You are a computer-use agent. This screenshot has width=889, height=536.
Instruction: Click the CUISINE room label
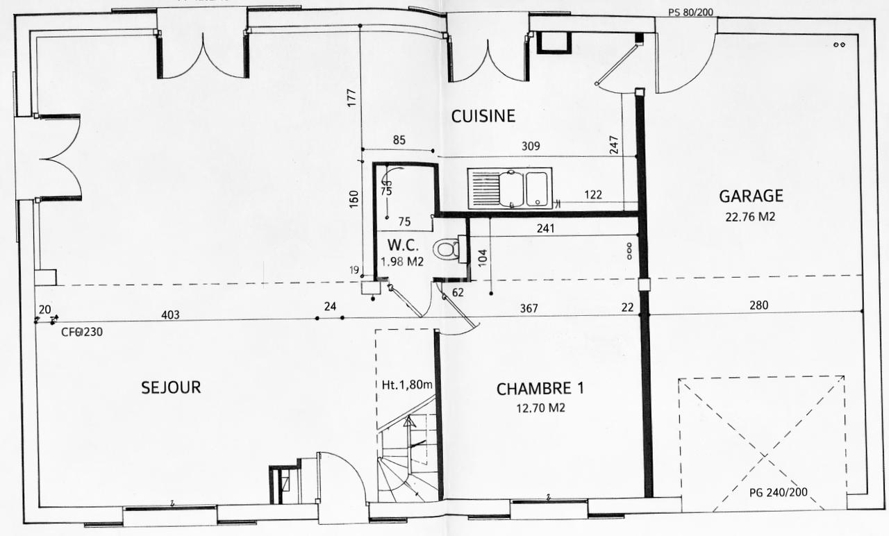click(483, 116)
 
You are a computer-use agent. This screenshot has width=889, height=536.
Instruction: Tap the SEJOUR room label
click(171, 387)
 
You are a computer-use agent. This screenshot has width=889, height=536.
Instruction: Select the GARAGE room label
click(751, 196)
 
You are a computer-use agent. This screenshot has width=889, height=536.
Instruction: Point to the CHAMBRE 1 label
click(540, 389)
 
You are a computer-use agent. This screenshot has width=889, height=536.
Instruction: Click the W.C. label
click(403, 245)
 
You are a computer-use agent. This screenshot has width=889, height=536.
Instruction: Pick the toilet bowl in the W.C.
click(447, 249)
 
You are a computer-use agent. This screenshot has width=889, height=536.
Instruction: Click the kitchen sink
click(510, 188)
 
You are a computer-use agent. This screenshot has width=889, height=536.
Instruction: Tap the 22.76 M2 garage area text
click(751, 217)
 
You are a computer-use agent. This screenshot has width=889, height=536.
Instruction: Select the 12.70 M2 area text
click(540, 408)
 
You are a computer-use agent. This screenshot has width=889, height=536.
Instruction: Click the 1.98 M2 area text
click(402, 262)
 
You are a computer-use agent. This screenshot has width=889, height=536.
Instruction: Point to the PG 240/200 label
click(779, 492)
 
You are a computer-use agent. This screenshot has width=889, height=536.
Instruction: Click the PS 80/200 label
click(690, 12)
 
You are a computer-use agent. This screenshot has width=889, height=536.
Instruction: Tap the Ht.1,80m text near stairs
click(407, 385)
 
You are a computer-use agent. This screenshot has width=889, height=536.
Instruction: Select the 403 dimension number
click(170, 315)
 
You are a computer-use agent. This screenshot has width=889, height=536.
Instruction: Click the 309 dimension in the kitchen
click(531, 146)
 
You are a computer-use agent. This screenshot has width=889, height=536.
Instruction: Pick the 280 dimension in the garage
click(759, 305)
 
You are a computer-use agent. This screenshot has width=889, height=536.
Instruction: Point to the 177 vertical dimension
click(351, 98)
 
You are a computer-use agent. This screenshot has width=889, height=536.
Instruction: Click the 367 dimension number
click(529, 308)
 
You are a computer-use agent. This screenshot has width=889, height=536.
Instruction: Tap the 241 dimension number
click(546, 228)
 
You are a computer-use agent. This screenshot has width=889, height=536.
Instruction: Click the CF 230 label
click(82, 332)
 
